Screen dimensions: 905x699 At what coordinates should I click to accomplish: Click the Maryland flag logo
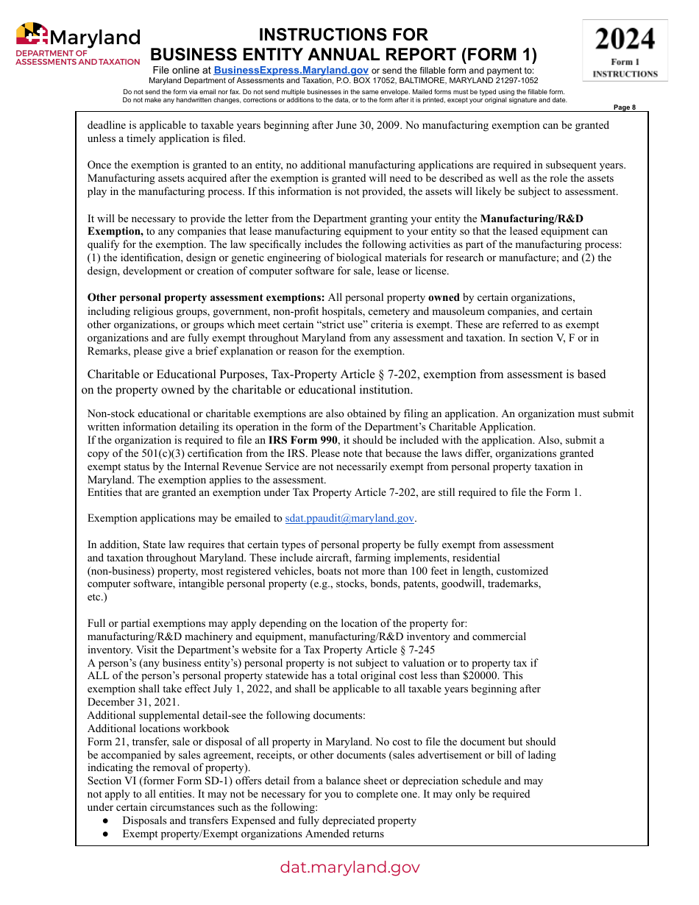32,35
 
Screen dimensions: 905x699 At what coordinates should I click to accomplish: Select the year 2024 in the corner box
625,38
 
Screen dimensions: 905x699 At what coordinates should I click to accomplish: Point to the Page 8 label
624,107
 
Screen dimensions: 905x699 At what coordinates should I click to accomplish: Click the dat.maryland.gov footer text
349,867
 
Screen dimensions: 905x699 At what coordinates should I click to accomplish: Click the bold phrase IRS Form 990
302,440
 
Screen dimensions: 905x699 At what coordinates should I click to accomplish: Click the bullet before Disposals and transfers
107,820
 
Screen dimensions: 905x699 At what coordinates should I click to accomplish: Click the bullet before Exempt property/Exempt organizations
107,834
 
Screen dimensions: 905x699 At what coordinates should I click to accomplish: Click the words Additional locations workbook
158,728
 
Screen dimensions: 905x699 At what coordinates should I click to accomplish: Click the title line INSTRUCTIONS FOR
344,35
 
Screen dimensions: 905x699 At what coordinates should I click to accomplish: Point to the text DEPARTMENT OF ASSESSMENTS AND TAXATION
77,58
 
